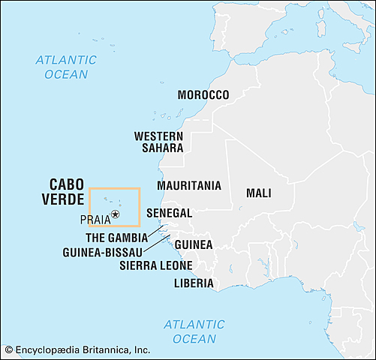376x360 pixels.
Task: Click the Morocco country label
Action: [x=203, y=94]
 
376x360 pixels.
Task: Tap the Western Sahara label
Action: [x=158, y=142]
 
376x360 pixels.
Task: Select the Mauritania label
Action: [x=188, y=185]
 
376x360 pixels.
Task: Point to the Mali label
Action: [x=258, y=193]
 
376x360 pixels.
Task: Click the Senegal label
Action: [x=169, y=213]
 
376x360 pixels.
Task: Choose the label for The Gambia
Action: [x=116, y=237]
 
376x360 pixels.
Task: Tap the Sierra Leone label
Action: [x=155, y=265]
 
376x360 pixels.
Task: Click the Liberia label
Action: [x=193, y=283]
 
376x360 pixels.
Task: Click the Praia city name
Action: [x=94, y=219]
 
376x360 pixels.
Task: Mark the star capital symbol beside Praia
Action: [x=116, y=215]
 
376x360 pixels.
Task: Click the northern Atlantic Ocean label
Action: [x=65, y=67]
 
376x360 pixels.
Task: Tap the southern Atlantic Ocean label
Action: [x=194, y=331]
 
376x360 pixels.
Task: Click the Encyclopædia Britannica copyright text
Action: [x=77, y=349]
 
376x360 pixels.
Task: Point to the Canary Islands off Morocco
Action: [x=169, y=117]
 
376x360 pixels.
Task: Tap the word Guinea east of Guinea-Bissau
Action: [x=194, y=244]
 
